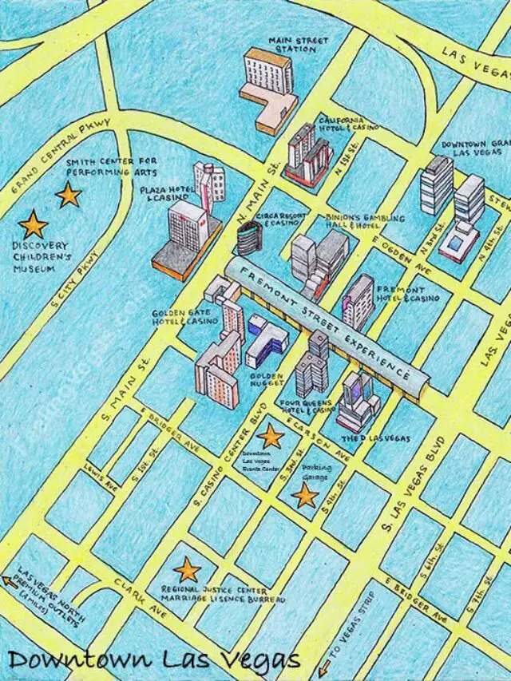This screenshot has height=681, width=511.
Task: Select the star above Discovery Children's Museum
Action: (34, 224)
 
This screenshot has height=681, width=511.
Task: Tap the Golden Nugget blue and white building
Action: (265, 339)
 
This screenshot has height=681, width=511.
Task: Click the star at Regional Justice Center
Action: (188, 569)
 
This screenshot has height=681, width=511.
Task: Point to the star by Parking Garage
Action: (304, 496)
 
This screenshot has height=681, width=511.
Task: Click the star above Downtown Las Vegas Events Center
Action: (271, 436)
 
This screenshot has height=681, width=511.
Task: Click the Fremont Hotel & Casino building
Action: (357, 302)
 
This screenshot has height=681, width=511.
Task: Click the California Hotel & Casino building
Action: (308, 153)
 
